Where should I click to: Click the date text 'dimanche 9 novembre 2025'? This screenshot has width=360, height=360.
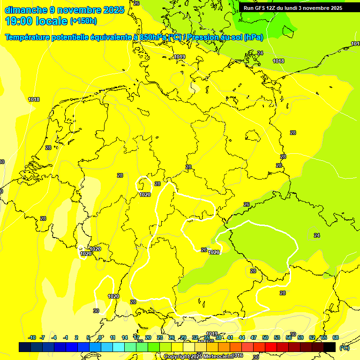(x=65, y=10)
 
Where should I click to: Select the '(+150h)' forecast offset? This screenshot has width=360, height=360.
(x=83, y=21)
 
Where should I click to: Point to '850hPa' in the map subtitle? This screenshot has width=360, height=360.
(x=153, y=37)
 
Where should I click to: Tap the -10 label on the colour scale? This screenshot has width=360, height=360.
(x=32, y=337)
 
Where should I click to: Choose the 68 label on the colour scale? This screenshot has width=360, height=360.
(x=336, y=337)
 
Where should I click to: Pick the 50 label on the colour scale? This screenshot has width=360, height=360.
(x=265, y=337)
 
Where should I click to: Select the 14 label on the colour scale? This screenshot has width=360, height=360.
(x=125, y=337)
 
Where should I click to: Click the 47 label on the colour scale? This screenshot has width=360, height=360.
(x=254, y=337)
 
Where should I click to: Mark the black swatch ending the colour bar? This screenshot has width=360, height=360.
(x=330, y=347)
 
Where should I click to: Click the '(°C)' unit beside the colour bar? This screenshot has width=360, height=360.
(x=344, y=348)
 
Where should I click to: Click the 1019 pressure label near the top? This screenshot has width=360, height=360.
(x=180, y=57)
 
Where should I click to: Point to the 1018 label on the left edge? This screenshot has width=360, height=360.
(x=34, y=99)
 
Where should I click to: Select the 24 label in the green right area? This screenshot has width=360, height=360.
(x=317, y=235)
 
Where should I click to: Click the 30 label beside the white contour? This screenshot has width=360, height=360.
(x=96, y=311)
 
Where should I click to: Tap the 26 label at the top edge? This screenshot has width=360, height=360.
(x=136, y=3)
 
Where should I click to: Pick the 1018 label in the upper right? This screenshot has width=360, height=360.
(x=278, y=61)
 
